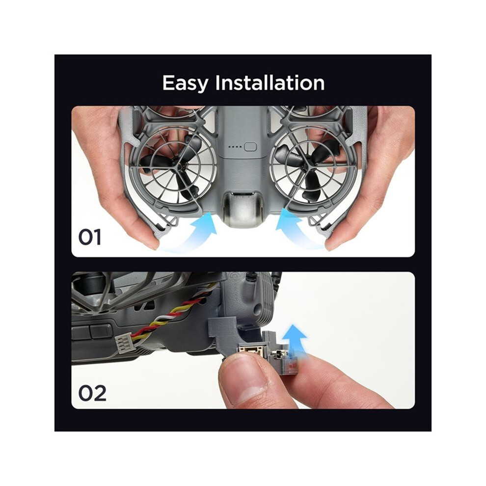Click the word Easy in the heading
point(186,83)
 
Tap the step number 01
point(90,238)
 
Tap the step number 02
point(92,393)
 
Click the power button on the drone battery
point(250,147)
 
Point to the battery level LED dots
point(235,147)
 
